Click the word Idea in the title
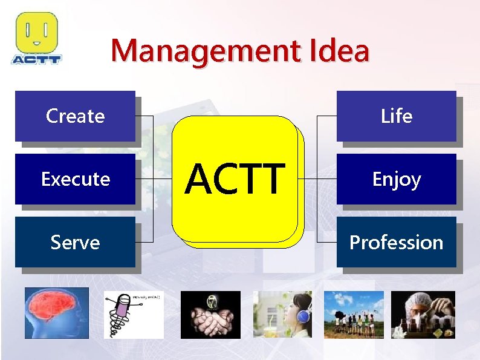click(338, 51)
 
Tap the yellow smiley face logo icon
click(36, 33)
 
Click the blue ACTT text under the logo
click(36, 59)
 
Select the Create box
click(75, 116)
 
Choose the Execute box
click(75, 179)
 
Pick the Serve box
click(75, 242)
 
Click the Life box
click(396, 116)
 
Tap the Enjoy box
click(396, 179)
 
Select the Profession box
click(396, 242)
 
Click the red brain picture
click(56, 313)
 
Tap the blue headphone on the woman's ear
click(304, 316)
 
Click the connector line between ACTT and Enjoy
click(317, 179)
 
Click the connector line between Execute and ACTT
click(154, 179)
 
